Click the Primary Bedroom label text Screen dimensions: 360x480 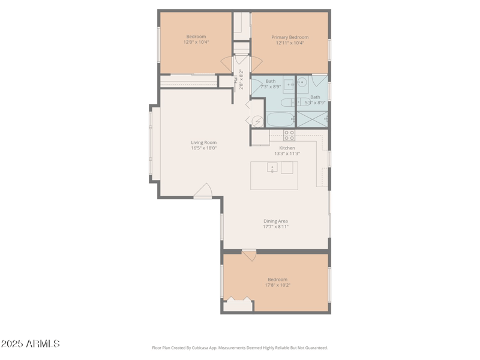pos(290,37)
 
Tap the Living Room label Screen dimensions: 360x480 pos(203,142)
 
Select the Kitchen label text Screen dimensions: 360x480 pos(287,148)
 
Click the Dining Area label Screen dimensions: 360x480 pos(275,221)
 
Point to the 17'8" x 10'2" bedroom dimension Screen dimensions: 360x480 pos(277,285)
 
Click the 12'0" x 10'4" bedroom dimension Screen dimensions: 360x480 pos(196,43)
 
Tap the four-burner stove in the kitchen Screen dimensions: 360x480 pos(289,135)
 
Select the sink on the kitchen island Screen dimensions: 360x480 pos(272,167)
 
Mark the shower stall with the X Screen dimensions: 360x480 pos(313,119)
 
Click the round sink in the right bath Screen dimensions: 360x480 pos(302,82)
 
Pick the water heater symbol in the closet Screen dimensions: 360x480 pos(257,121)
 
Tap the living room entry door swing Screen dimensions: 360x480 pos(203,191)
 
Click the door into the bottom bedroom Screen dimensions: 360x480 pos(250,256)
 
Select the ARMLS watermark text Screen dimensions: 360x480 pos(30,344)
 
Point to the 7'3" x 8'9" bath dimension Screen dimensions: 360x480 pos(270,87)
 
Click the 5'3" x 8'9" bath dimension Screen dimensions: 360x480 pos(315,103)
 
